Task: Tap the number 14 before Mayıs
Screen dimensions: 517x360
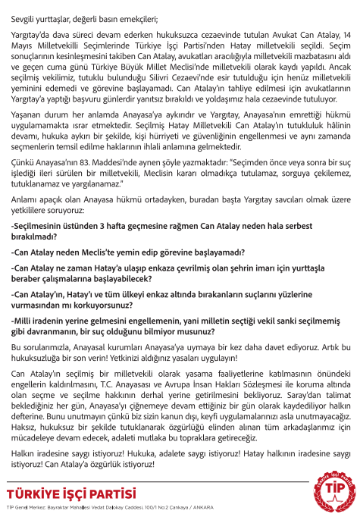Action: (345, 35)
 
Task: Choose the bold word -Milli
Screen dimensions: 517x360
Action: (24, 321)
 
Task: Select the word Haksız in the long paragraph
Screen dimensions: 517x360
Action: (27, 437)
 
